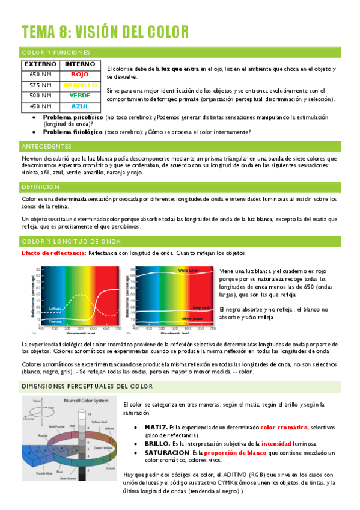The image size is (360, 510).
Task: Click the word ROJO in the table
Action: click(79, 74)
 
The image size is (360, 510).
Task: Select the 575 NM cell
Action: click(40, 85)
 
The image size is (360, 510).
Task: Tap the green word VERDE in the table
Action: click(79, 96)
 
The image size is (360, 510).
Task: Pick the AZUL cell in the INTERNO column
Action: click(79, 106)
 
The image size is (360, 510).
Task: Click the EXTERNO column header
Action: click(40, 63)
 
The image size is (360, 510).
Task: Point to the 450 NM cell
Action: click(40, 106)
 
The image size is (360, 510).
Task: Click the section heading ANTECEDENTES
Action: click(46, 146)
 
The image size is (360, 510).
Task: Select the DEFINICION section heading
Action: click(41, 187)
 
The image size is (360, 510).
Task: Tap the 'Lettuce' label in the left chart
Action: click(55, 309)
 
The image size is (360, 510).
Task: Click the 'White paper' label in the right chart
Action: click(189, 271)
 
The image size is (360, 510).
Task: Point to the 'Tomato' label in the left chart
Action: click(55, 322)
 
